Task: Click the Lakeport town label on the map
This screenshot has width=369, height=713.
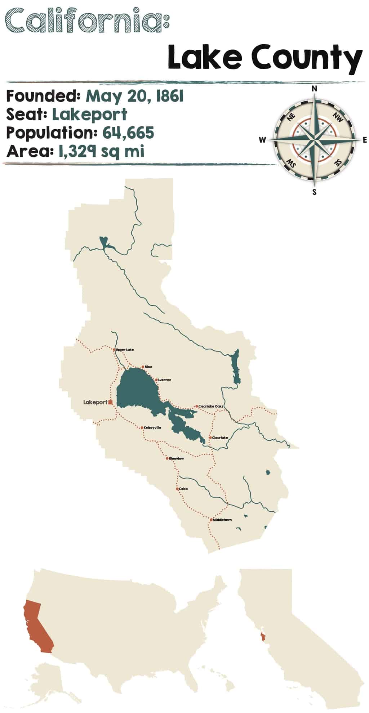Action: pos(95,402)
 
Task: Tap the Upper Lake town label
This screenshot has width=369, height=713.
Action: pos(125,350)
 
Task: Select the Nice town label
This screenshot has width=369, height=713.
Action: pos(148,367)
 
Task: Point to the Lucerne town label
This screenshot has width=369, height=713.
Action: pos(164,380)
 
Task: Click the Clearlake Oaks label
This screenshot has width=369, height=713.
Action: pos(211,406)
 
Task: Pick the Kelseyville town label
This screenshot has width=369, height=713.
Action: pos(152,428)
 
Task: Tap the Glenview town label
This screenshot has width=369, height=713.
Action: pos(176,458)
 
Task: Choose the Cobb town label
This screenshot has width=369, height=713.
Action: pos(183,489)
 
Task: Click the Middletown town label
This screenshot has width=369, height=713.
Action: pos(222,520)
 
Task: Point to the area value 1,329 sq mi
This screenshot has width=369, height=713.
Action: pos(101,151)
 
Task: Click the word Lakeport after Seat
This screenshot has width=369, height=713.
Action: pos(89,115)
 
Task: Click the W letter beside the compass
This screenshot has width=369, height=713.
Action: pos(262,140)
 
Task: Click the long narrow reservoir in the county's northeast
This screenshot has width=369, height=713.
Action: pos(236,367)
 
